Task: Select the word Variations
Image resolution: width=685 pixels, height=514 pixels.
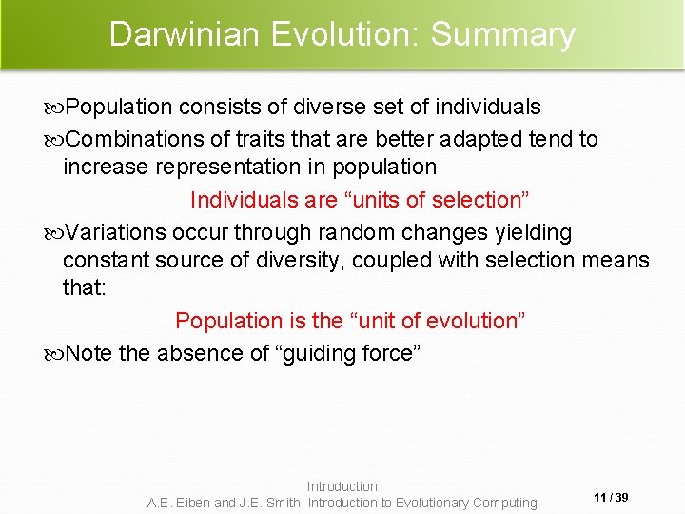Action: (117, 232)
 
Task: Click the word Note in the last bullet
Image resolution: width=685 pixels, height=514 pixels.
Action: (89, 353)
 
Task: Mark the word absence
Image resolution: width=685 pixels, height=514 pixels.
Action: (199, 353)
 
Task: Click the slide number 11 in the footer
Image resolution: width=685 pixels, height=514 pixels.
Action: (600, 498)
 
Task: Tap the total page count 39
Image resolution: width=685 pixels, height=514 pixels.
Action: (622, 498)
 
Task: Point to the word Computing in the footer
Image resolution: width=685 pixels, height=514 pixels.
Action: (504, 503)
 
